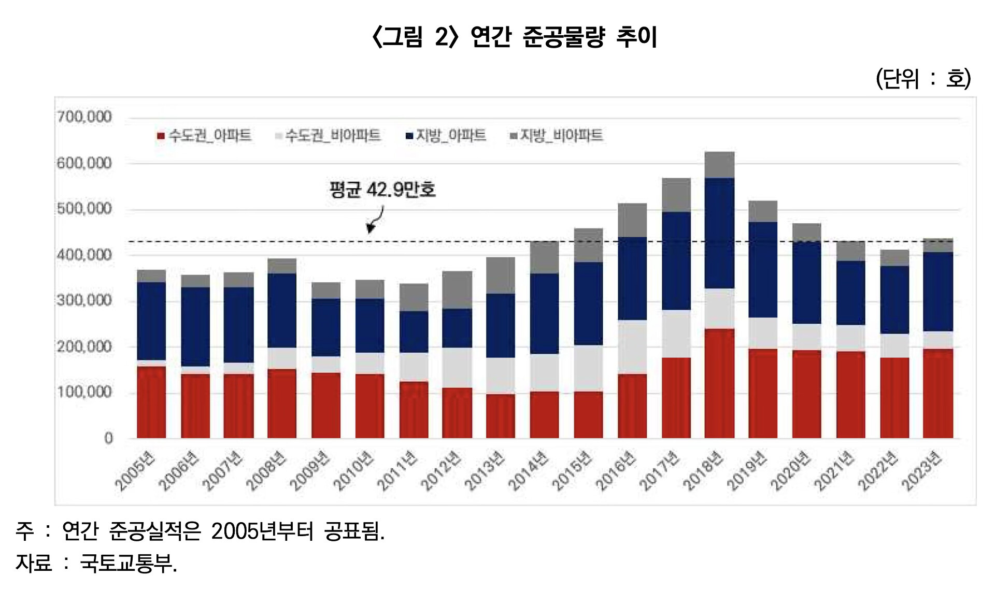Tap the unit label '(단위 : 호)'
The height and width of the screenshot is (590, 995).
(x=923, y=79)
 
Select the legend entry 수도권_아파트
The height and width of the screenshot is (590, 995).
(x=205, y=136)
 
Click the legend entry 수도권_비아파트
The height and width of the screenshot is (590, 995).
(x=328, y=136)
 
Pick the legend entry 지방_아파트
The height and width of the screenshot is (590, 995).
(x=446, y=136)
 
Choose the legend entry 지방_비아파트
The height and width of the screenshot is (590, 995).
(x=557, y=136)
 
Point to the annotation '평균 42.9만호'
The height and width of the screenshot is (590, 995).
(x=382, y=190)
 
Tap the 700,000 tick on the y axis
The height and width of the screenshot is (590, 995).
(x=84, y=117)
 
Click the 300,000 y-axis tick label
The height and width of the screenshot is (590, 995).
(x=84, y=300)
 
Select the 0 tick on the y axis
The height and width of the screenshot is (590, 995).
(x=108, y=438)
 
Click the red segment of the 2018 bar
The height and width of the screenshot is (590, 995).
(x=719, y=383)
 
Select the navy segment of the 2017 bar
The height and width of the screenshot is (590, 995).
(x=676, y=261)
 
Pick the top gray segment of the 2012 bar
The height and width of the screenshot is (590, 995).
(x=457, y=290)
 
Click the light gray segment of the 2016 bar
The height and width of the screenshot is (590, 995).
(x=632, y=347)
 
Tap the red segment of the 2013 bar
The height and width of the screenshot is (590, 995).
(x=501, y=416)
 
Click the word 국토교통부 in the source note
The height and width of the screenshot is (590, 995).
(x=126, y=563)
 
